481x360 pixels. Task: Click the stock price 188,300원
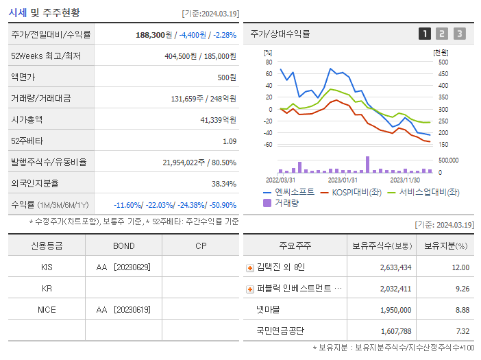pos(155,34)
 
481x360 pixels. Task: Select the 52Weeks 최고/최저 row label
pos(46,56)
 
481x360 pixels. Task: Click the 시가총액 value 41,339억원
pos(214,119)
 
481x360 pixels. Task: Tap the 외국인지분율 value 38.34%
pos(223,183)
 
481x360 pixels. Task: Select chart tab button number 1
pos(425,34)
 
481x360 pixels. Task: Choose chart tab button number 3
pos(459,34)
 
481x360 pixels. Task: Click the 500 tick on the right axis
pos(443,62)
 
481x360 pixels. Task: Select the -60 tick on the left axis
pos(268,145)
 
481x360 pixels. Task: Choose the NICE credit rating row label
pos(47,309)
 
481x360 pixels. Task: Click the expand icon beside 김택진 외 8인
pos(250,268)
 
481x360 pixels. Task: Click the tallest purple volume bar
pos(368,165)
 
